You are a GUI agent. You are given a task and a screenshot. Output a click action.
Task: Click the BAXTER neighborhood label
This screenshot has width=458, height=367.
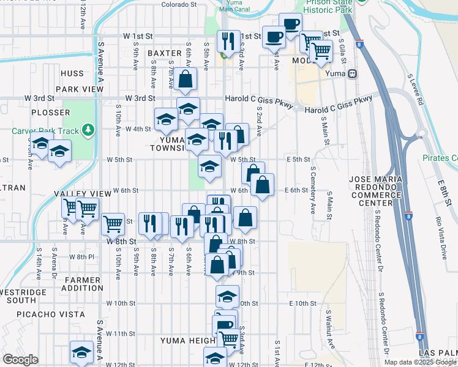coord(165,54)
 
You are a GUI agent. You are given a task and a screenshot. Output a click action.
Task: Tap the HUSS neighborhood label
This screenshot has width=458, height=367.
coord(72,73)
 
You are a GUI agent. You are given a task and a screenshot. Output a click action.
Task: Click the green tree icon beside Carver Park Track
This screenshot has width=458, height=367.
coord(89,130)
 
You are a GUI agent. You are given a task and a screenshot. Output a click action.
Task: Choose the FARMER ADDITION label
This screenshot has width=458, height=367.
coord(83,284)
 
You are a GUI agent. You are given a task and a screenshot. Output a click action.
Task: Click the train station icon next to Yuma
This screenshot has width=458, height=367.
coord(352,74)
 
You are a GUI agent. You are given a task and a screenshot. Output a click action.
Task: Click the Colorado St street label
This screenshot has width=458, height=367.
coord(179,4)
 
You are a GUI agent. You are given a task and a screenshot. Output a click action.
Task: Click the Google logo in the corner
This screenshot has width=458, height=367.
coord(20,360)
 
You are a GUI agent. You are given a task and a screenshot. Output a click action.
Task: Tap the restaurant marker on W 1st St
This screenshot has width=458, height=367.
coord(228,42)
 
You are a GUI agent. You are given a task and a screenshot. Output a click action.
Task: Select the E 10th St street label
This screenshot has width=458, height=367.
coord(302,303)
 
